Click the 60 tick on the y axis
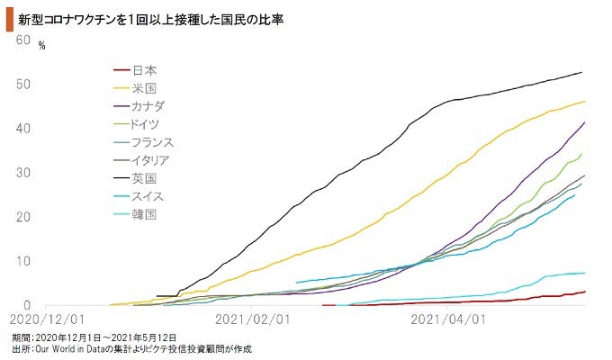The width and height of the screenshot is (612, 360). pyautogui.click(x=23, y=40)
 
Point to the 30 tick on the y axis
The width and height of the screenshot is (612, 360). pyautogui.click(x=23, y=173)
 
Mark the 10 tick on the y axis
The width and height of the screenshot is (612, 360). pyautogui.click(x=23, y=261)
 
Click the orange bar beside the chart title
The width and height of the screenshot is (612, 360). pyautogui.click(x=7, y=17)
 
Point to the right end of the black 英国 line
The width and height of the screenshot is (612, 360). pyautogui.click(x=581, y=72)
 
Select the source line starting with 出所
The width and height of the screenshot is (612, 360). pyautogui.click(x=131, y=348)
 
